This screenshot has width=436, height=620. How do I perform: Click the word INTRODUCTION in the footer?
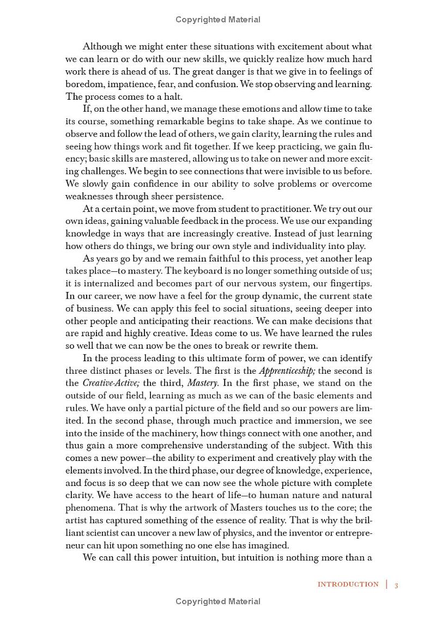(x=348, y=585)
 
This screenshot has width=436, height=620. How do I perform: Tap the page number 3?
(x=397, y=585)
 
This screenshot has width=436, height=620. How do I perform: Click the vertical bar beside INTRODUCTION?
(x=387, y=585)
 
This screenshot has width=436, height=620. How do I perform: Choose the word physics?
(x=262, y=533)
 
